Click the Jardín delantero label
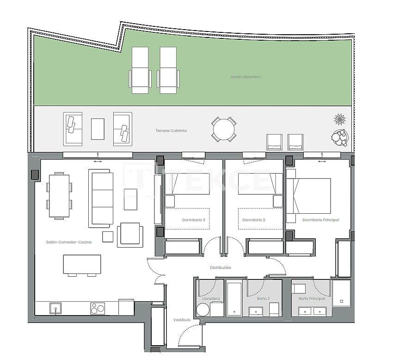point(245,77)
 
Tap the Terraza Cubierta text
point(171,131)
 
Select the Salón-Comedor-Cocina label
point(68,242)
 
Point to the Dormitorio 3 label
point(194,220)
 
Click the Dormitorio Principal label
point(320,220)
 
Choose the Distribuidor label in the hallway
point(221,267)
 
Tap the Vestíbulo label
point(182,320)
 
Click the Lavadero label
point(211,298)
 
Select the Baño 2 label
point(264,298)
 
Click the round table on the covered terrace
point(224,129)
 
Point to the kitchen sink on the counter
point(55,308)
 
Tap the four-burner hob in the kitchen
point(98,308)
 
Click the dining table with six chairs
point(59,196)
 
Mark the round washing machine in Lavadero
point(203,310)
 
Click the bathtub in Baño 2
point(234,299)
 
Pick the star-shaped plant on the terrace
point(340,119)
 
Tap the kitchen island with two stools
point(82,264)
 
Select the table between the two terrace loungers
point(98,129)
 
